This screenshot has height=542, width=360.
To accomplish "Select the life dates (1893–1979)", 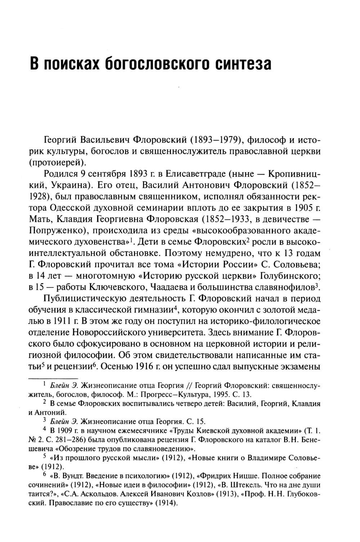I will (213, 139).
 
